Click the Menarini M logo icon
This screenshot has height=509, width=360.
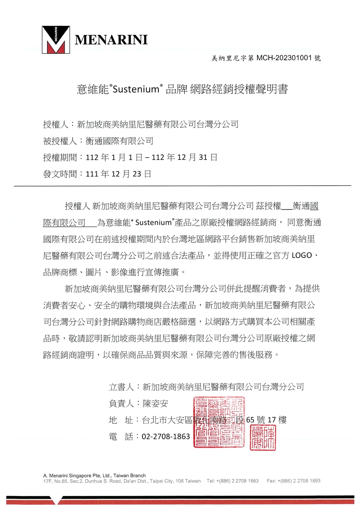(x=55, y=39)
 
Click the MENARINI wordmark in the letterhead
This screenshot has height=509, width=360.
(x=111, y=40)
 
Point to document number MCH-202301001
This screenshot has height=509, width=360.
(x=284, y=58)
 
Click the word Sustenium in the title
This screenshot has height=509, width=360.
(x=136, y=89)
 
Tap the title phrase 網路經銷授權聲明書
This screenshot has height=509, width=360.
(x=239, y=89)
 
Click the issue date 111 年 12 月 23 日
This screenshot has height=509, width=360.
(x=118, y=174)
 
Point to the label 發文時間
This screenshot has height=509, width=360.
(x=60, y=174)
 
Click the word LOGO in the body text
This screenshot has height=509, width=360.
(x=301, y=255)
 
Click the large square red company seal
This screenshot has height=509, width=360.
(x=219, y=422)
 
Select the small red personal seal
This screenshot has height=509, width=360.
(x=263, y=437)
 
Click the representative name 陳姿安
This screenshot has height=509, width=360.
(x=155, y=404)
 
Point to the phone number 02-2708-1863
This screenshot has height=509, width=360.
(x=166, y=437)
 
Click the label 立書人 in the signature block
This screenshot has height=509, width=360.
(x=121, y=387)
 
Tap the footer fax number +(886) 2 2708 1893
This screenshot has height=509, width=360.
(x=299, y=481)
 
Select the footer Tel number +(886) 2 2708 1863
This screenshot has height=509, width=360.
(x=237, y=481)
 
